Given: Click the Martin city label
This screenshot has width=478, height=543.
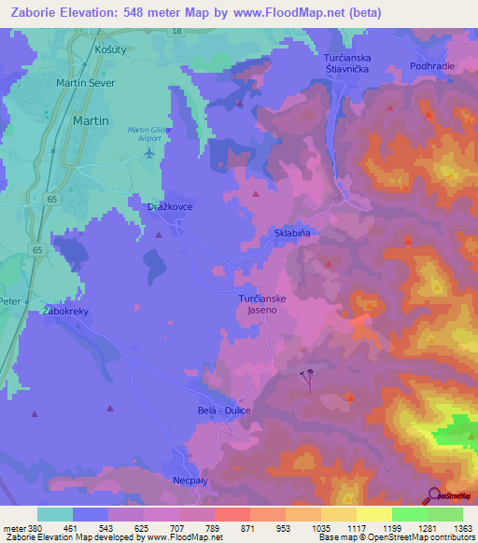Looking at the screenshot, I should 91,121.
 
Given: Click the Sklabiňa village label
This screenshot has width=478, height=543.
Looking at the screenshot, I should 291,231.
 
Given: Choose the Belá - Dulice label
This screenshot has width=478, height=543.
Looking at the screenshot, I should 226,411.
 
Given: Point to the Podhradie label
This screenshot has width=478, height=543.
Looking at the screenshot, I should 431,66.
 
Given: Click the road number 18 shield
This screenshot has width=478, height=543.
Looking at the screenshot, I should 176,32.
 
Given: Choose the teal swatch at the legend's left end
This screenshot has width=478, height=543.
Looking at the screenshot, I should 55,514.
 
